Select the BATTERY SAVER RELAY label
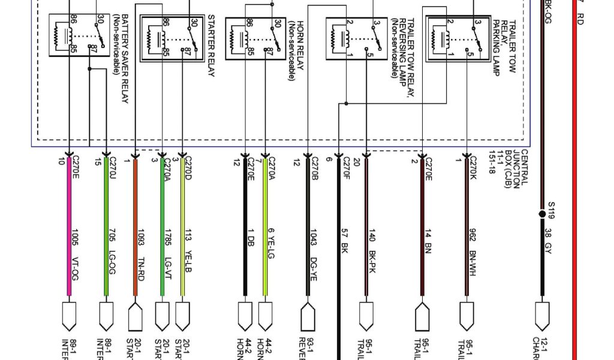point(120,58)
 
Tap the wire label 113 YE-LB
point(187,252)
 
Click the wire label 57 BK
point(345,238)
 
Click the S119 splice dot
point(542,214)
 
